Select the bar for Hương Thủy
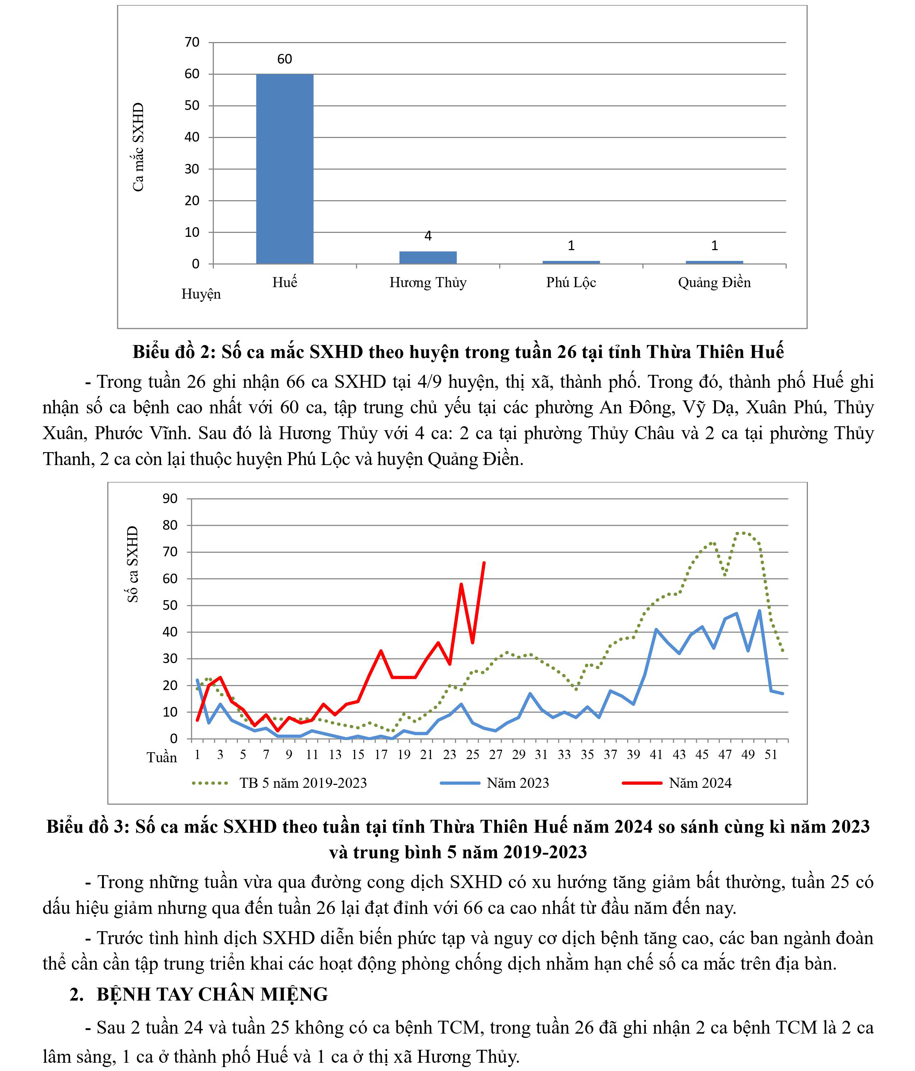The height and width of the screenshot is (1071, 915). pyautogui.click(x=428, y=257)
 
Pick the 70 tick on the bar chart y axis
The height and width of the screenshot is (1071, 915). pyautogui.click(x=192, y=42)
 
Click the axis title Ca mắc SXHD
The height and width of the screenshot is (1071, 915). pyautogui.click(x=138, y=147)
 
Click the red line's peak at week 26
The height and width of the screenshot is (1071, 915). pyautogui.click(x=484, y=563)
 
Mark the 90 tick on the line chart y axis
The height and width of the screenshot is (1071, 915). pyautogui.click(x=170, y=499)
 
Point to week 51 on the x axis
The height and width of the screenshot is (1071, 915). pyautogui.click(x=771, y=755)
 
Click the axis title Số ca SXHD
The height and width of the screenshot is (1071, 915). pyautogui.click(x=133, y=565)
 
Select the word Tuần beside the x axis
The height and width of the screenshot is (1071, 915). pyautogui.click(x=161, y=758)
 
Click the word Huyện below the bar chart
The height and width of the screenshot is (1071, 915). pyautogui.click(x=201, y=294)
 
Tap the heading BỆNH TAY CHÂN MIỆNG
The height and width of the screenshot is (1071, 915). pyautogui.click(x=212, y=994)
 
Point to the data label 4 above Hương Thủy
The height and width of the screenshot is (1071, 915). pyautogui.click(x=428, y=236)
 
